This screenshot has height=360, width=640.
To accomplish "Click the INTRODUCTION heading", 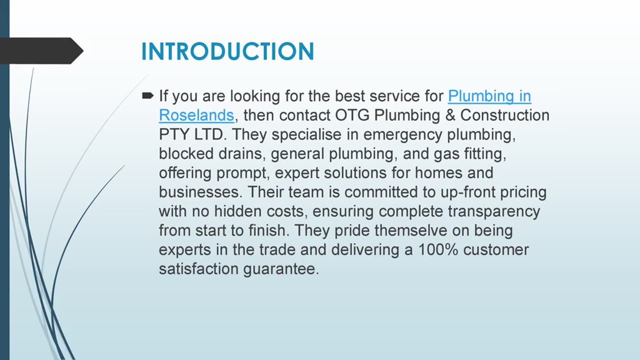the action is pos(227,51).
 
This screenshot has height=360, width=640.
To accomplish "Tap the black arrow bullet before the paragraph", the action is pos(147,95).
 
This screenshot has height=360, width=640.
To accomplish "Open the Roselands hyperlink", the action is pos(196,115).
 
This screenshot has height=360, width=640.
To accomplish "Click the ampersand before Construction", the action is pos(450,115).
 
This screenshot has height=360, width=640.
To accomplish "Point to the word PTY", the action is pos(174,134).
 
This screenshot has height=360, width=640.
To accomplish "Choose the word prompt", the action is pos(243,173).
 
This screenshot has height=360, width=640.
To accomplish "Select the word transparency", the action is pos(494,212).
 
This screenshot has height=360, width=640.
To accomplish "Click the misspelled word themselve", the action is pos(411,230).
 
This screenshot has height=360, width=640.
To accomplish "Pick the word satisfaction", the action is pos(199,269).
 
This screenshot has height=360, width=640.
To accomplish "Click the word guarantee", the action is pos(281,269).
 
